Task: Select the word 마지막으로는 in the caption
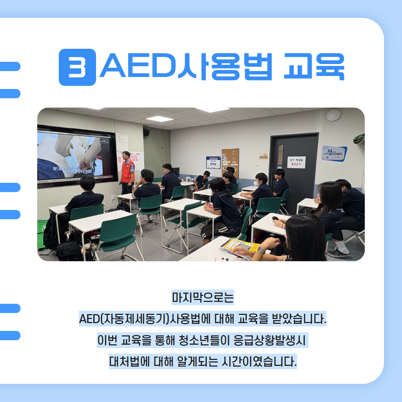tap(202, 298)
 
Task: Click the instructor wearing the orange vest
tap(127, 172)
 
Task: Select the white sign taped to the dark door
tap(296, 162)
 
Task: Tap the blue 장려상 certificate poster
tap(213, 163)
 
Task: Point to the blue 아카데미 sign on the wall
tap(334, 153)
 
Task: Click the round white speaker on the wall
tap(333, 115)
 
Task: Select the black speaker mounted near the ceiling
tap(146, 132)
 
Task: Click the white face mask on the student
tap(256, 184)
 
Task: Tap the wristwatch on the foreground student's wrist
tap(261, 250)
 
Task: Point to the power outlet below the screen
tap(113, 197)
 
